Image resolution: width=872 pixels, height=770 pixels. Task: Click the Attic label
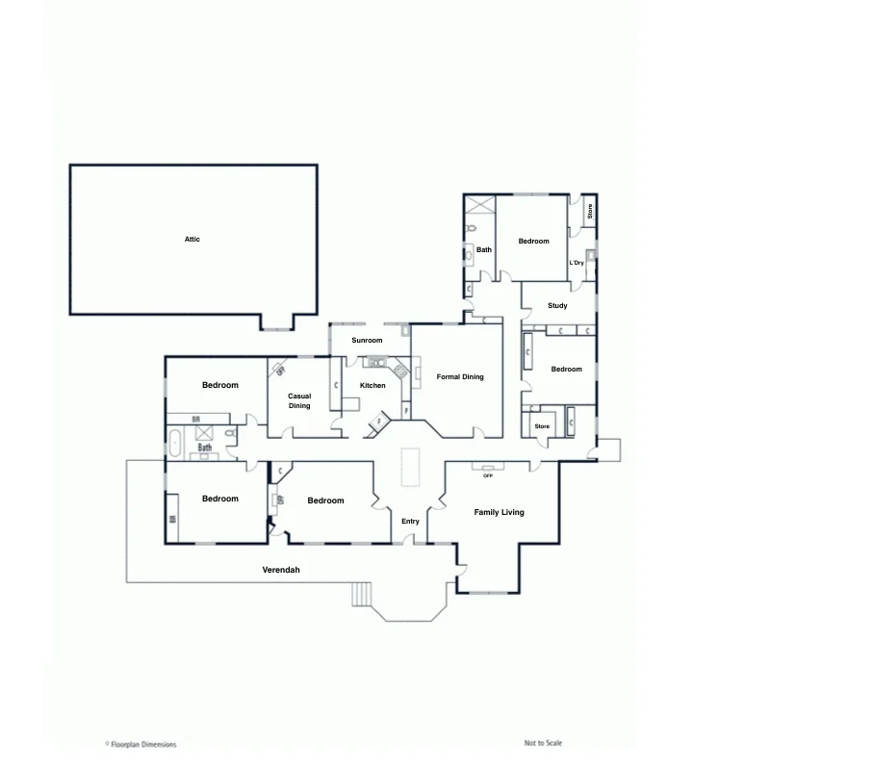click(x=192, y=239)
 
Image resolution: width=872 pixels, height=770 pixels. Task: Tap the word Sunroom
click(x=367, y=341)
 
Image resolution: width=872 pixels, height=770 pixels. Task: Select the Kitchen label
click(x=372, y=386)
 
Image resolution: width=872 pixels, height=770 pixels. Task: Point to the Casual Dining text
click(x=299, y=401)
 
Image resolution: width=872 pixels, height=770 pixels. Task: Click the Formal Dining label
click(x=460, y=377)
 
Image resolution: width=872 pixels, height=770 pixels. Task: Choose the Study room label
click(x=557, y=306)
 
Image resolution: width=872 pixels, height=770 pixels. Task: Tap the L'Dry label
click(x=577, y=263)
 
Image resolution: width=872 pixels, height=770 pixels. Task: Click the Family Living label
click(x=499, y=513)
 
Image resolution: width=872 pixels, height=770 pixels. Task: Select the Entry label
click(x=410, y=522)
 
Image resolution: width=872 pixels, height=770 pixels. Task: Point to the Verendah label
click(x=281, y=571)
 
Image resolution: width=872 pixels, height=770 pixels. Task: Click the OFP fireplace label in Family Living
click(x=488, y=475)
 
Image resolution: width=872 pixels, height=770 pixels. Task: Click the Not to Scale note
click(x=543, y=743)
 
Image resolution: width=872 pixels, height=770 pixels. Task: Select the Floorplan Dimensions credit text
click(x=142, y=744)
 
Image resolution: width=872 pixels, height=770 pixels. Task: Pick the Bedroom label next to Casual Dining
click(x=219, y=386)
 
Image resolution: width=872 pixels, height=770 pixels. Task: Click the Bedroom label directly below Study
click(x=566, y=370)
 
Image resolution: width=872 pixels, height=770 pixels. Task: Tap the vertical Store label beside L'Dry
click(x=590, y=210)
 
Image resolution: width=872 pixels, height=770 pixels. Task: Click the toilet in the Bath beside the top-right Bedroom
click(x=471, y=229)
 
